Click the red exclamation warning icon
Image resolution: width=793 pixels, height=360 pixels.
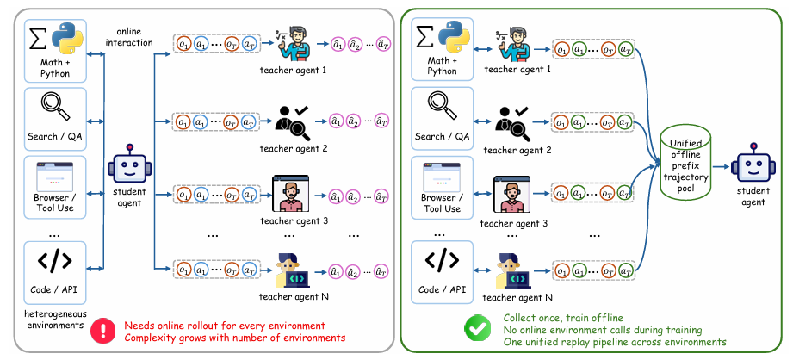coord(103,332)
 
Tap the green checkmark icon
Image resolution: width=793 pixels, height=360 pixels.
coord(477,328)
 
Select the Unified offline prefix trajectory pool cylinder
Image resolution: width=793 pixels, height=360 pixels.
coord(685,164)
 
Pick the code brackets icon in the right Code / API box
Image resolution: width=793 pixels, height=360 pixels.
coord(442,260)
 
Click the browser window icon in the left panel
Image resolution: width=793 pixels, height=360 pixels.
coord(54,177)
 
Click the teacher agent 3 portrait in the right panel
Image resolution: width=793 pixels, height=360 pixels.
coord(511,195)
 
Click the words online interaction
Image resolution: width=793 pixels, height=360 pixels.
coord(131,37)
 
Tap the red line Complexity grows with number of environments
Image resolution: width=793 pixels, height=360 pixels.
coord(235,338)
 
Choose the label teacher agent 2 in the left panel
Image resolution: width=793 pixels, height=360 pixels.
coord(294,149)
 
